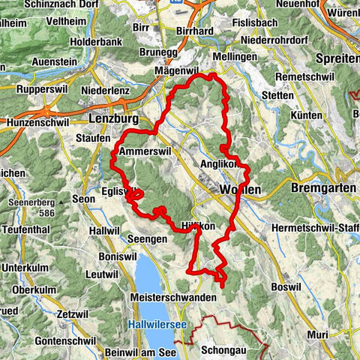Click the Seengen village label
click(x=142, y=238)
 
